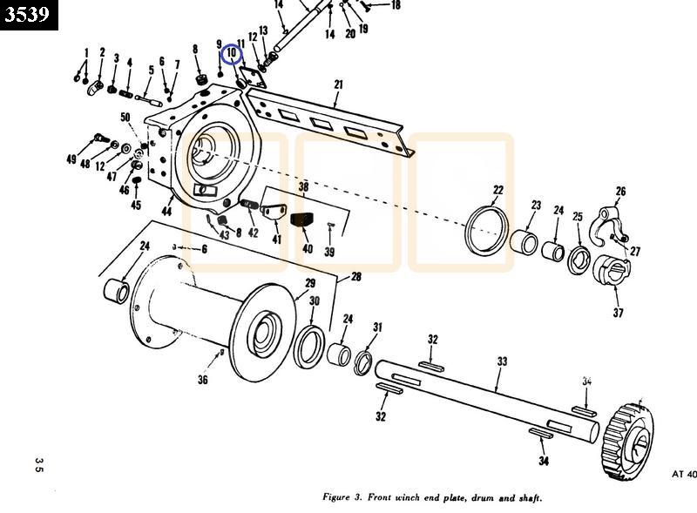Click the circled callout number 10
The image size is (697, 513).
pos(232,55)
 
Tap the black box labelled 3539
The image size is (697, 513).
pos(29,15)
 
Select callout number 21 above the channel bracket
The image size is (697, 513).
pos(338,84)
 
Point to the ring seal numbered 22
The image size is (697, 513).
pos(485,228)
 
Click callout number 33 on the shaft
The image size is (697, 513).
pos(502,361)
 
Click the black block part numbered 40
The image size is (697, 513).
pos(302,221)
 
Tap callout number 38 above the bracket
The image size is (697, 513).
pos(303,186)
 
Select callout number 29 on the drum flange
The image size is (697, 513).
pos(309,284)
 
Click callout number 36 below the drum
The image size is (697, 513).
pos(203,379)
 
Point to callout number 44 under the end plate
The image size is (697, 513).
pos(166,212)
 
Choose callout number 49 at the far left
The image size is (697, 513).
pos(71,160)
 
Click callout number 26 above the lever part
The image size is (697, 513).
pos(620,192)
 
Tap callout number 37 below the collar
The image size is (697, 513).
pos(618,313)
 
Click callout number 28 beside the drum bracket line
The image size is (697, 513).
pos(355,277)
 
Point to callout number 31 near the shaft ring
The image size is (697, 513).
pos(377,327)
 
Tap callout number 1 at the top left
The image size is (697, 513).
pos(86,54)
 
